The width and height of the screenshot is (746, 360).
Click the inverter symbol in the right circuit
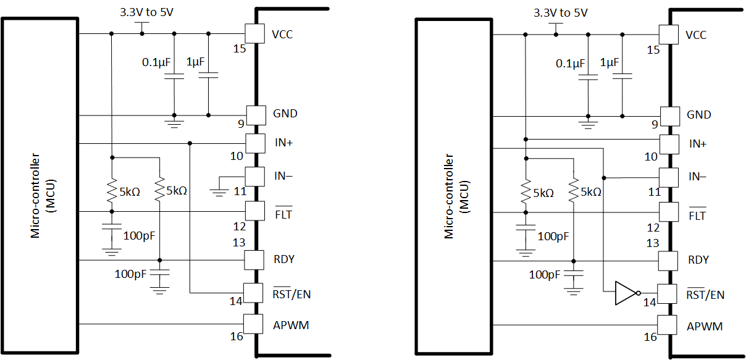tap(625, 293)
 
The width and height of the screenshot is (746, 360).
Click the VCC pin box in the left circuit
tap(254, 33)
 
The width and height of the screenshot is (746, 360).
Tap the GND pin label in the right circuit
tap(698, 115)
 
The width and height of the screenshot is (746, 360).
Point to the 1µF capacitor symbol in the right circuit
tap(622, 76)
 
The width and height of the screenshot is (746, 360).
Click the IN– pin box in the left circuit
tap(254, 177)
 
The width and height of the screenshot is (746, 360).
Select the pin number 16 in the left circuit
tap(237, 336)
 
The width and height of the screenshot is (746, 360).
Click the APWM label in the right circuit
tap(705, 326)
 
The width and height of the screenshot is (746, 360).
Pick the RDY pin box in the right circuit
tap(668, 260)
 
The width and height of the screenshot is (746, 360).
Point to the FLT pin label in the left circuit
tap(283, 215)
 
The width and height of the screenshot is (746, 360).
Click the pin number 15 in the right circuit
tap(653, 50)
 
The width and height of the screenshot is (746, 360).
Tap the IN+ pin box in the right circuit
tap(669, 144)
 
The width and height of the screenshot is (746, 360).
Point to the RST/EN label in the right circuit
tap(705, 295)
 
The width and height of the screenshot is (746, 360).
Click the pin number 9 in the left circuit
tap(241, 123)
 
